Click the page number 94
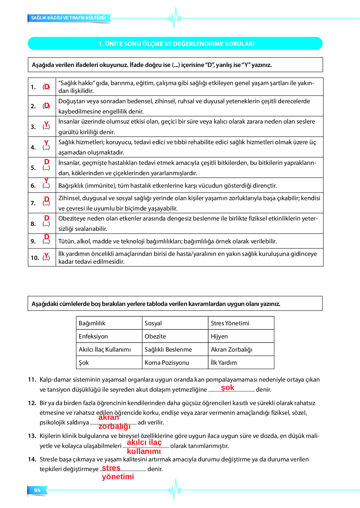[37, 490]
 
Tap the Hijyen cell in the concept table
[219, 336]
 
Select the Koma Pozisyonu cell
[167, 363]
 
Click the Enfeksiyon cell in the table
[93, 336]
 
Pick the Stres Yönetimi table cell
[230, 323]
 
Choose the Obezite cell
[155, 336]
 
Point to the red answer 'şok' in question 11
[227, 388]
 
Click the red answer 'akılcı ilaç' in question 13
[144, 442]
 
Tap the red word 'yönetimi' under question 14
[118, 476]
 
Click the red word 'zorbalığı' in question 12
[114, 426]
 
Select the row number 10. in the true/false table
[35, 258]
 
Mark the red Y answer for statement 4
[46, 143]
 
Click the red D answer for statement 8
[47, 218]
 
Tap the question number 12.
[32, 403]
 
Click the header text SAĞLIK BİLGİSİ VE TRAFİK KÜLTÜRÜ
[68, 18]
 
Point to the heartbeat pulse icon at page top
[174, 18]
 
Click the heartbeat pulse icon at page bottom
[174, 490]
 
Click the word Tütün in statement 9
[66, 241]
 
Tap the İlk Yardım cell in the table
[224, 363]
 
